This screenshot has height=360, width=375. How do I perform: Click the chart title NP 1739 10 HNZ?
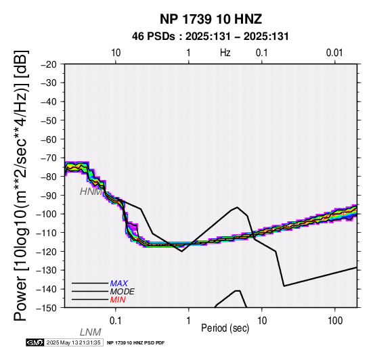click(211, 19)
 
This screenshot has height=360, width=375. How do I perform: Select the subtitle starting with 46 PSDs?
click(211, 37)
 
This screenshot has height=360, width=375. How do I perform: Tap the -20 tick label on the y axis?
click(49, 64)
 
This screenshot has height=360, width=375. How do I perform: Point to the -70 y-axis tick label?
click(49, 158)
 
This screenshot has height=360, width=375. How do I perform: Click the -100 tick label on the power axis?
click(47, 214)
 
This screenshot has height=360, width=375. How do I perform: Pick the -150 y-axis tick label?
click(47, 308)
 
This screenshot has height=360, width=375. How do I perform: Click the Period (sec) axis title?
click(225, 328)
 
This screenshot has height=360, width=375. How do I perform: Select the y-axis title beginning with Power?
click(21, 185)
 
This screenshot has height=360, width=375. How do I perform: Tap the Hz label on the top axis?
click(225, 53)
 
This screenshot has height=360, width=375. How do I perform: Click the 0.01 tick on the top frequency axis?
click(335, 53)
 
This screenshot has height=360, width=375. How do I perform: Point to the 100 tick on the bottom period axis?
click(335, 321)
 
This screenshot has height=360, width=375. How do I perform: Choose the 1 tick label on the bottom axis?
click(189, 321)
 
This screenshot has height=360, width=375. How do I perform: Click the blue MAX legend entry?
click(119, 284)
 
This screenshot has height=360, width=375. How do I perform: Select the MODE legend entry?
click(123, 292)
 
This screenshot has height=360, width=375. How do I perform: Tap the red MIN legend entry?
click(118, 300)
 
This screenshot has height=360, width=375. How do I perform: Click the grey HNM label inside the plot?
click(91, 192)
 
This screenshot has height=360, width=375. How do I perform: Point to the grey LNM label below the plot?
click(91, 332)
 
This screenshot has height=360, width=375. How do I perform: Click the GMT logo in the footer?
click(35, 342)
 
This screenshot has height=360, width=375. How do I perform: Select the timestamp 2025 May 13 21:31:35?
click(74, 342)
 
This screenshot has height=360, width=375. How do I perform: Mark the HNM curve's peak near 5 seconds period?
click(237, 207)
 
